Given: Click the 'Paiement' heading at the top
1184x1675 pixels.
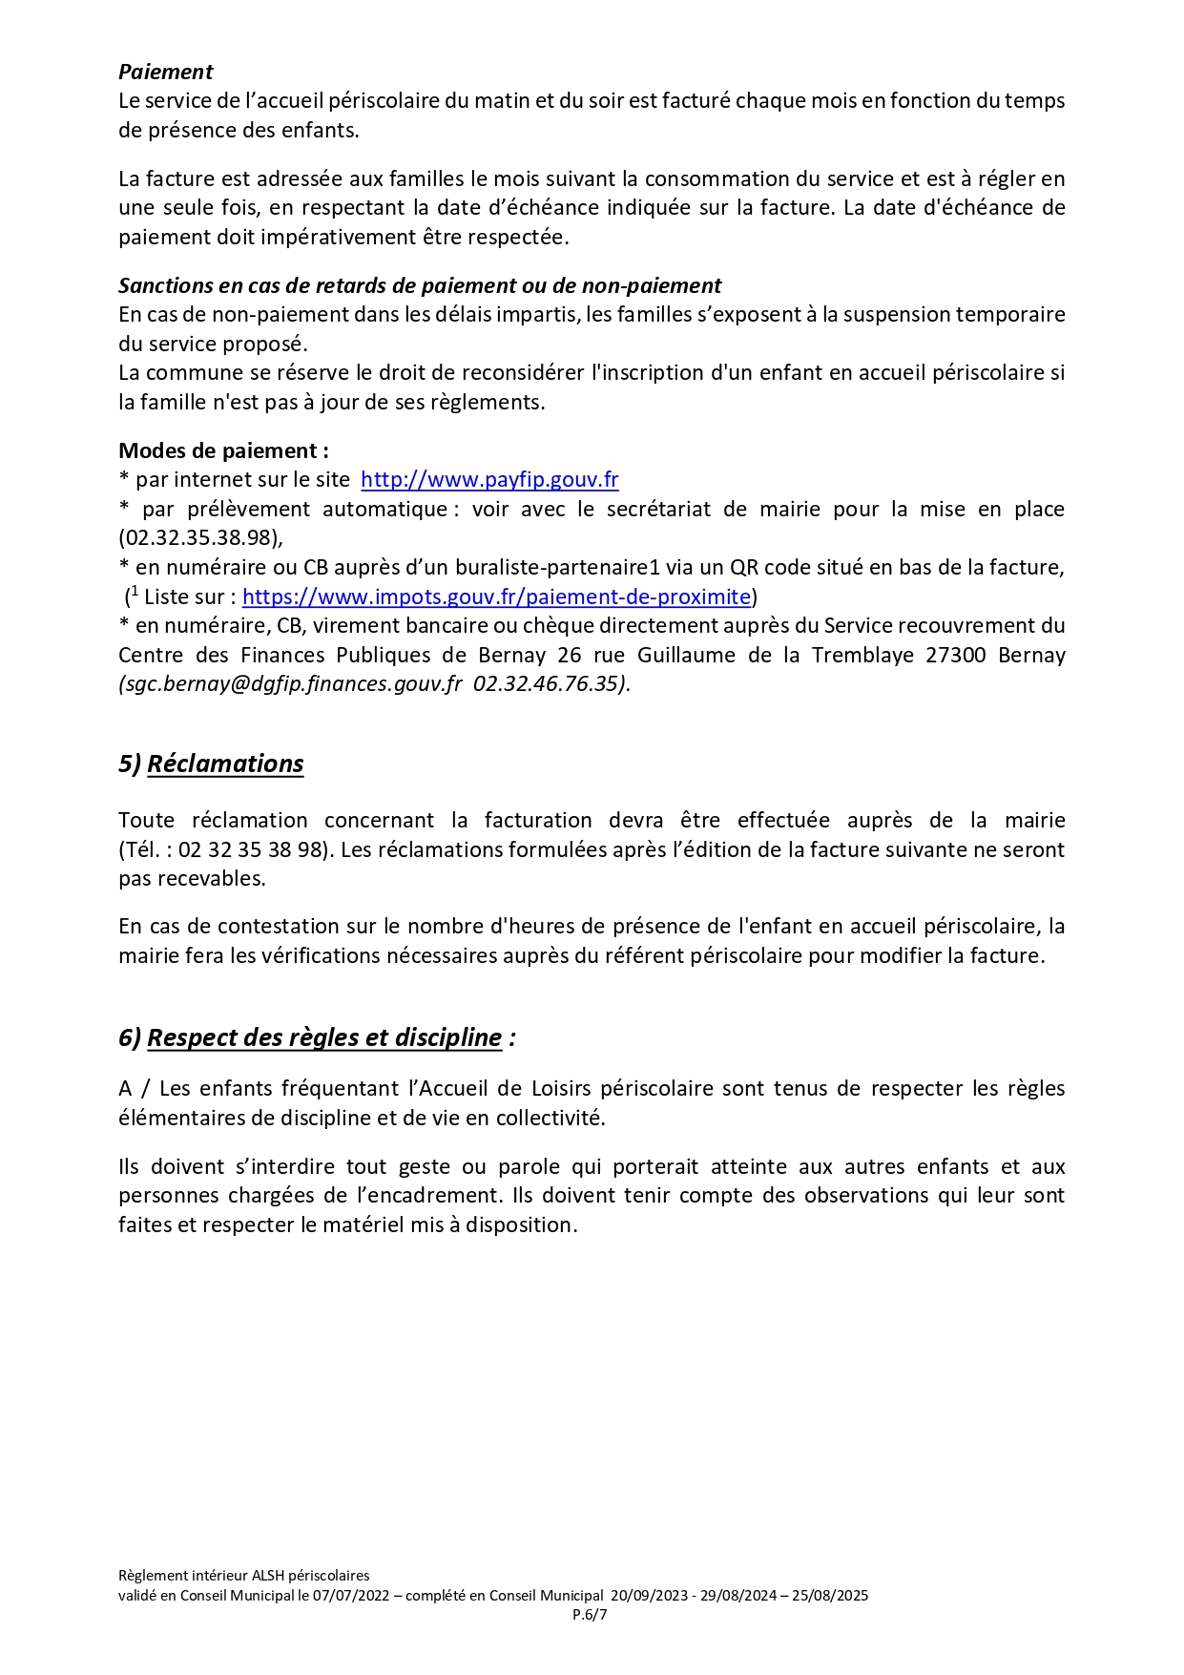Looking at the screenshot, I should pyautogui.click(x=165, y=72).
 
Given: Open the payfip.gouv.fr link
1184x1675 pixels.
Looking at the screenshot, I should pyautogui.click(x=489, y=480).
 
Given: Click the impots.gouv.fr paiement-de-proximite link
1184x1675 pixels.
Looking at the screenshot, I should pyautogui.click(x=496, y=597).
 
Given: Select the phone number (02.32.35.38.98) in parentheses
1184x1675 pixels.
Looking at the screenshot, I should pyautogui.click(x=200, y=538).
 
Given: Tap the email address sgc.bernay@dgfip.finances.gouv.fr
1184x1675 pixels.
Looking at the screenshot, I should pyautogui.click(x=290, y=684).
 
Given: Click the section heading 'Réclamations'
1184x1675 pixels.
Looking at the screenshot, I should pyautogui.click(x=225, y=764).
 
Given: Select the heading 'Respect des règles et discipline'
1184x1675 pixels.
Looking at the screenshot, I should pyautogui.click(x=324, y=1038).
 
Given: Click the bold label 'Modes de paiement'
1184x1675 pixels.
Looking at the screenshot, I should pyautogui.click(x=222, y=450).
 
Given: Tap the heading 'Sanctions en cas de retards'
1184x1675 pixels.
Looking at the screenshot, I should pyautogui.click(x=420, y=285).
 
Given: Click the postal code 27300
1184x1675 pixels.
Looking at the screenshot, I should pyautogui.click(x=956, y=656).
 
